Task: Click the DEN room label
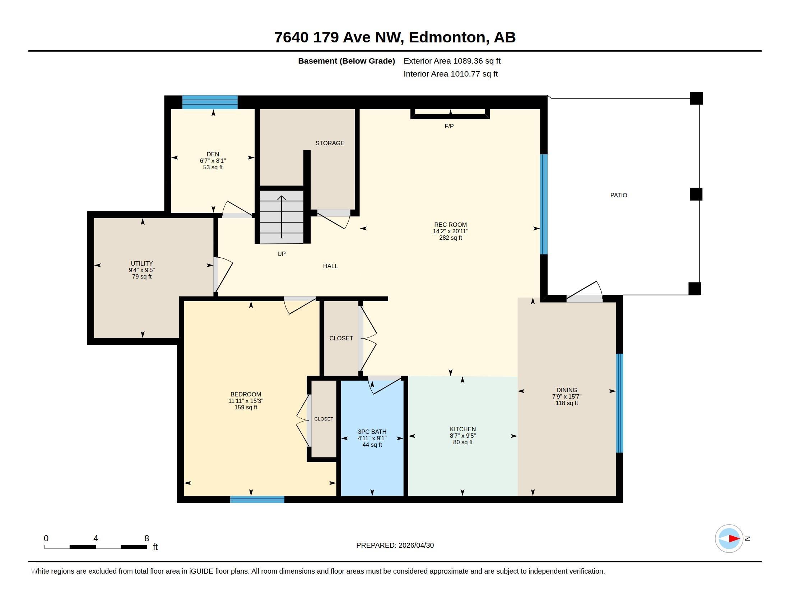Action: point(213,154)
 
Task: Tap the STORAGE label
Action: point(330,143)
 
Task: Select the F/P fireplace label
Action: point(449,126)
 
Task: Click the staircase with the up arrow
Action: point(282,217)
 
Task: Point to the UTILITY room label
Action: point(142,263)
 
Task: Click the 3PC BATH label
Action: point(372,431)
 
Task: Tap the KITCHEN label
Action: point(463,429)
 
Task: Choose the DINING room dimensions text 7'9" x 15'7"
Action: point(567,396)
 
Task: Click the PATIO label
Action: point(619,195)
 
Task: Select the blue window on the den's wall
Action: point(210,102)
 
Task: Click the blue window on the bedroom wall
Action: point(257,500)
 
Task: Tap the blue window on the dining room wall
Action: point(620,403)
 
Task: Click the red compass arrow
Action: point(734,539)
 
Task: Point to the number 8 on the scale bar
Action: point(147,538)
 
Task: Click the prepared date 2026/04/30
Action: point(416,545)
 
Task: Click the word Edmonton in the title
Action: point(447,37)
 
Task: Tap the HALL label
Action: point(330,266)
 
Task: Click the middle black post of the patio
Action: point(696,194)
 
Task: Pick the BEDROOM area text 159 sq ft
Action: point(246,407)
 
